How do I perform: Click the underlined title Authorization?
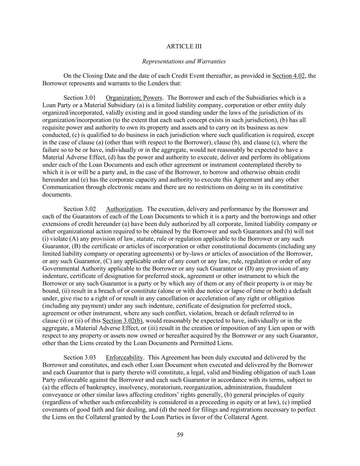(124, 209)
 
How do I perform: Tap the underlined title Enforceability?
(124, 357)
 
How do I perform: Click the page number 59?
(180, 435)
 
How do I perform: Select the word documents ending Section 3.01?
(53, 195)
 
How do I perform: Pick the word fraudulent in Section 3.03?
(279, 387)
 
